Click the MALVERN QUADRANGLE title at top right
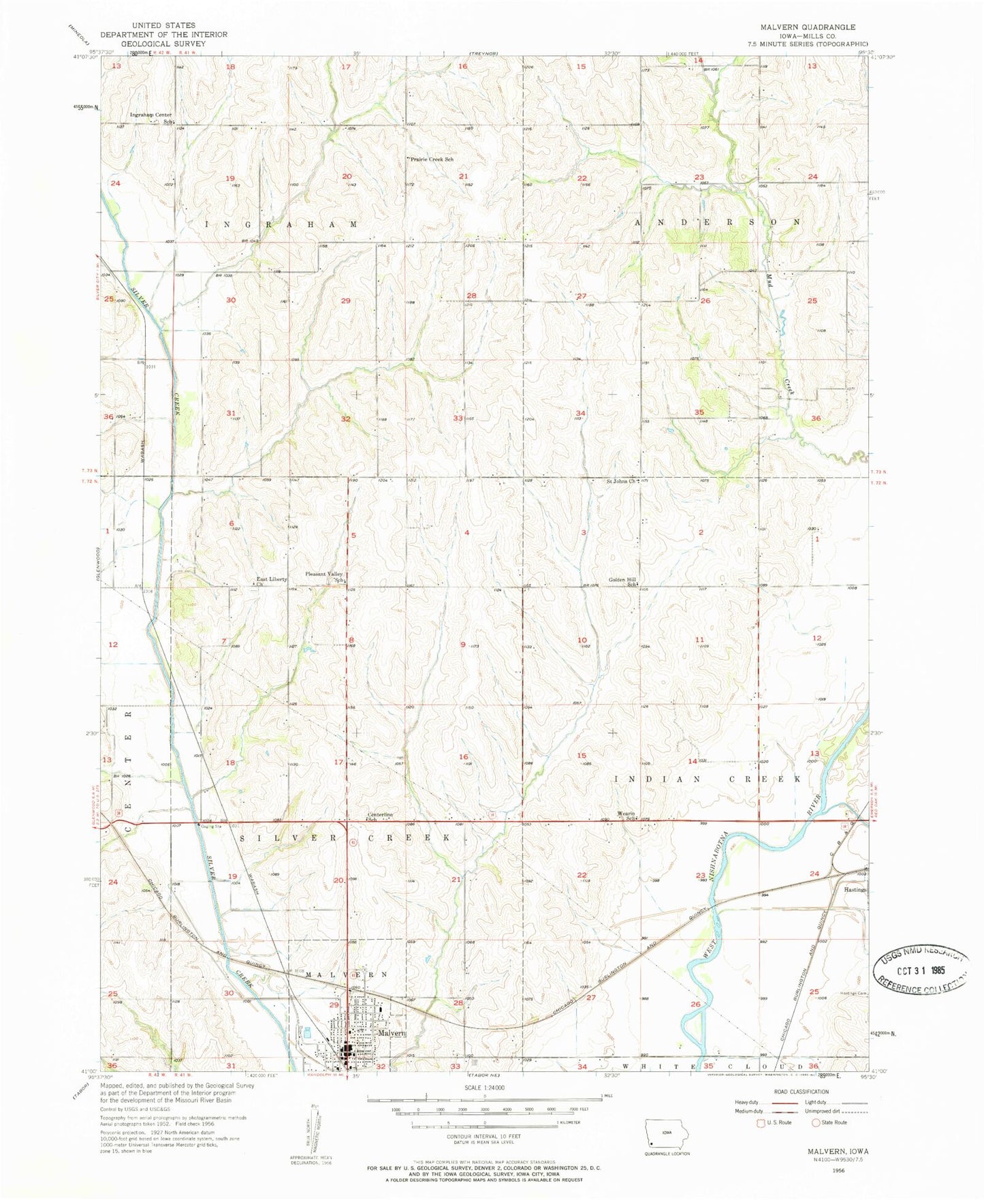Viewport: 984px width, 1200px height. pos(799,27)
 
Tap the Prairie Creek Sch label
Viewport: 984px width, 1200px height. pos(430,159)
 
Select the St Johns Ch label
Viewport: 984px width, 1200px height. pos(621,481)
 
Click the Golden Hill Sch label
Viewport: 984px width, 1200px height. pos(622,581)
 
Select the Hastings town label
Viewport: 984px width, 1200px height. pos(855,890)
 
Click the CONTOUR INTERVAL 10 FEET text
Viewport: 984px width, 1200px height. pos(483,1136)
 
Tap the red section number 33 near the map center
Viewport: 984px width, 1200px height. pos(458,418)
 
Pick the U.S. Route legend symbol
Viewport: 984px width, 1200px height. pos(761,1122)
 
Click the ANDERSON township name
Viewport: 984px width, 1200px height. pos(717,222)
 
